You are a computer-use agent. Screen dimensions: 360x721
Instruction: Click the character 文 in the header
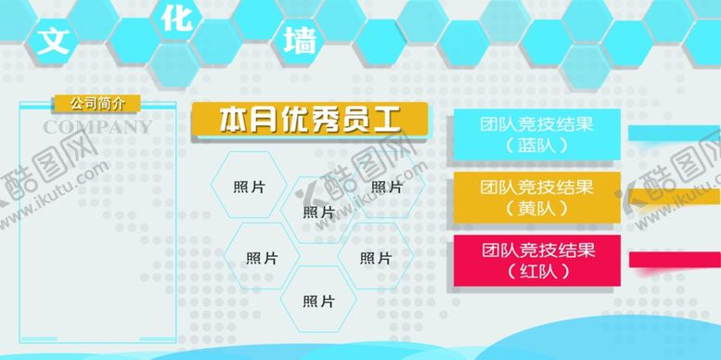point(54,40)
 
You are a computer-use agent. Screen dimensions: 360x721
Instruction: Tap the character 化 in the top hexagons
point(176,20)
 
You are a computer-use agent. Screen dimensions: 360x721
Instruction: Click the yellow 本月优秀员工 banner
point(309,119)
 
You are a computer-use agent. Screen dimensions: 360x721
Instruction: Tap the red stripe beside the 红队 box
point(674,260)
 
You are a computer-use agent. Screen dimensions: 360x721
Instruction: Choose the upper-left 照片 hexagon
point(250,186)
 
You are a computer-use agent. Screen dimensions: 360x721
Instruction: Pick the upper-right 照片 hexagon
point(386,186)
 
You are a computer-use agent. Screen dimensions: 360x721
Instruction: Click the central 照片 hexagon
point(318,212)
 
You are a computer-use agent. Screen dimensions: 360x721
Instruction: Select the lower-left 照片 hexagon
point(262,257)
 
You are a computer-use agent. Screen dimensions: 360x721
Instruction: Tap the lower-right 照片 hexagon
point(375,257)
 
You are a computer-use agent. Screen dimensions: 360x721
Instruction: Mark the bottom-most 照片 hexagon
point(318,300)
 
